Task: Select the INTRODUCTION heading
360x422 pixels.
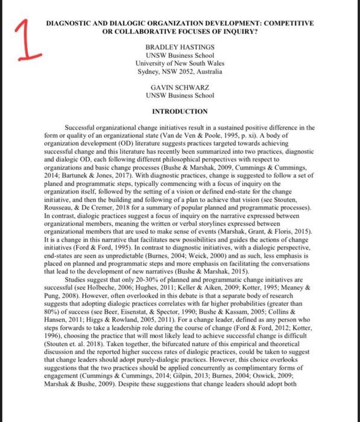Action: pyautogui.click(x=179, y=112)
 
